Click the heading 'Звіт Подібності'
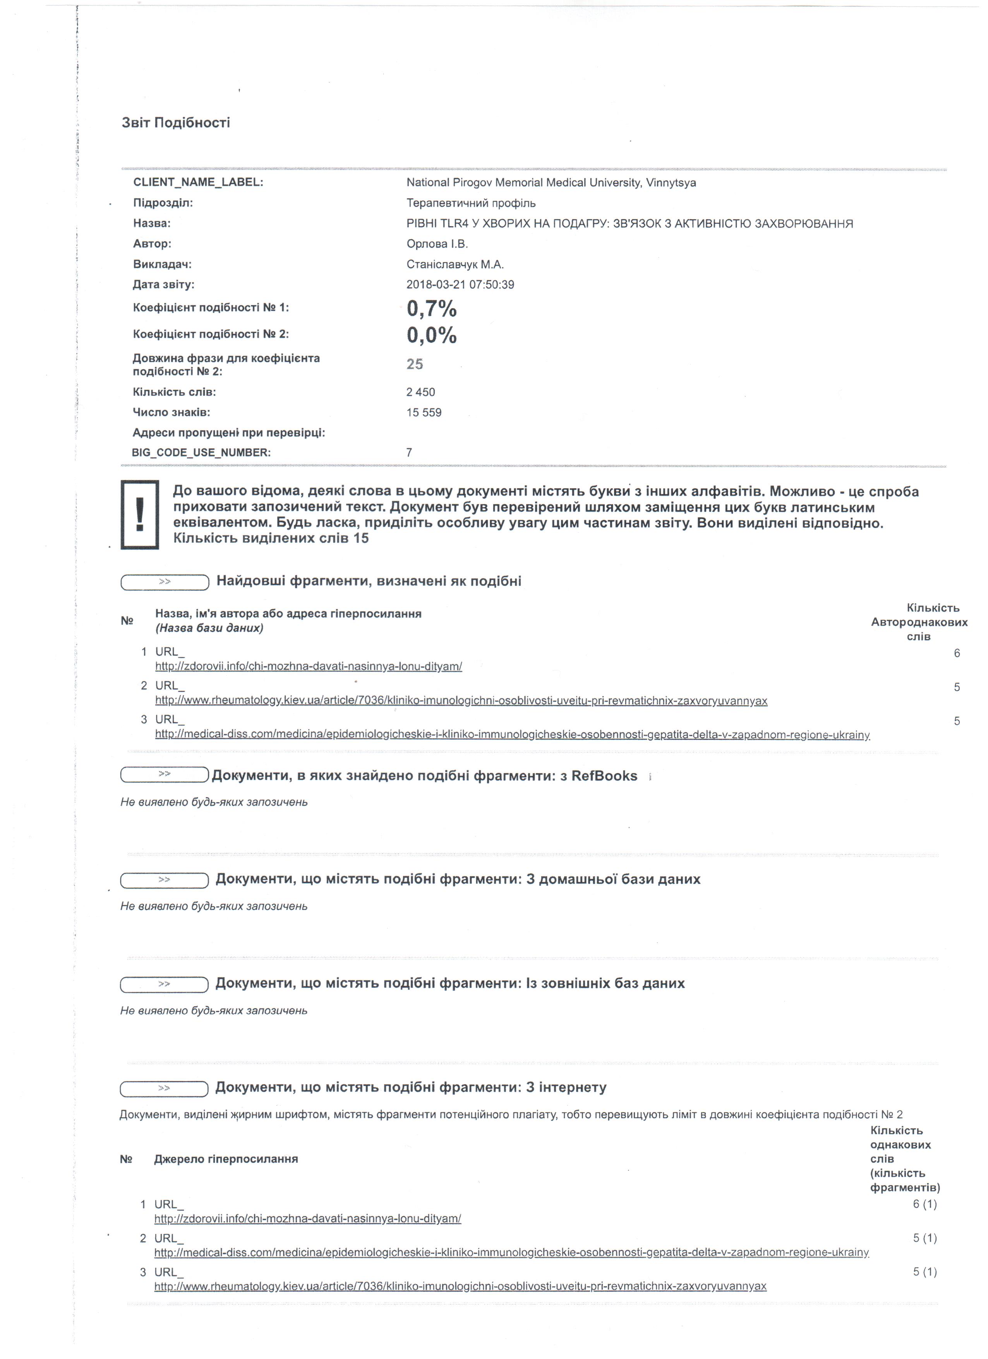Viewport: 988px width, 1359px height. click(175, 123)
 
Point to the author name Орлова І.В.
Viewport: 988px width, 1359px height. click(437, 244)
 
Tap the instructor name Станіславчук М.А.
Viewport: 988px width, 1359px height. click(455, 264)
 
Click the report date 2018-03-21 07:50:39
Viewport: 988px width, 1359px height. click(460, 285)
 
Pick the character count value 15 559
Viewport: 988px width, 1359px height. click(424, 412)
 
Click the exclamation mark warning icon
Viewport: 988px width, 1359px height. click(140, 514)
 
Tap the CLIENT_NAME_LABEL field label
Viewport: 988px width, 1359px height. click(198, 182)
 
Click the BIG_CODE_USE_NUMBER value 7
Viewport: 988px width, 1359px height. click(409, 452)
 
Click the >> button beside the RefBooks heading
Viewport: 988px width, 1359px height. click(164, 775)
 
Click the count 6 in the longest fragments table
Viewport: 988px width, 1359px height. click(957, 653)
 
